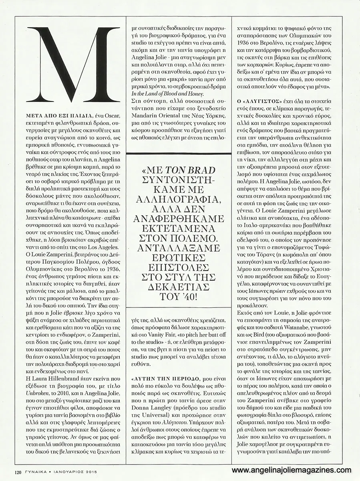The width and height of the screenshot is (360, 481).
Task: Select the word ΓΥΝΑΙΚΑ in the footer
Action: pos(39,466)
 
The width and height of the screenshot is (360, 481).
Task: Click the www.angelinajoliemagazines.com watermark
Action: pos(292,470)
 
